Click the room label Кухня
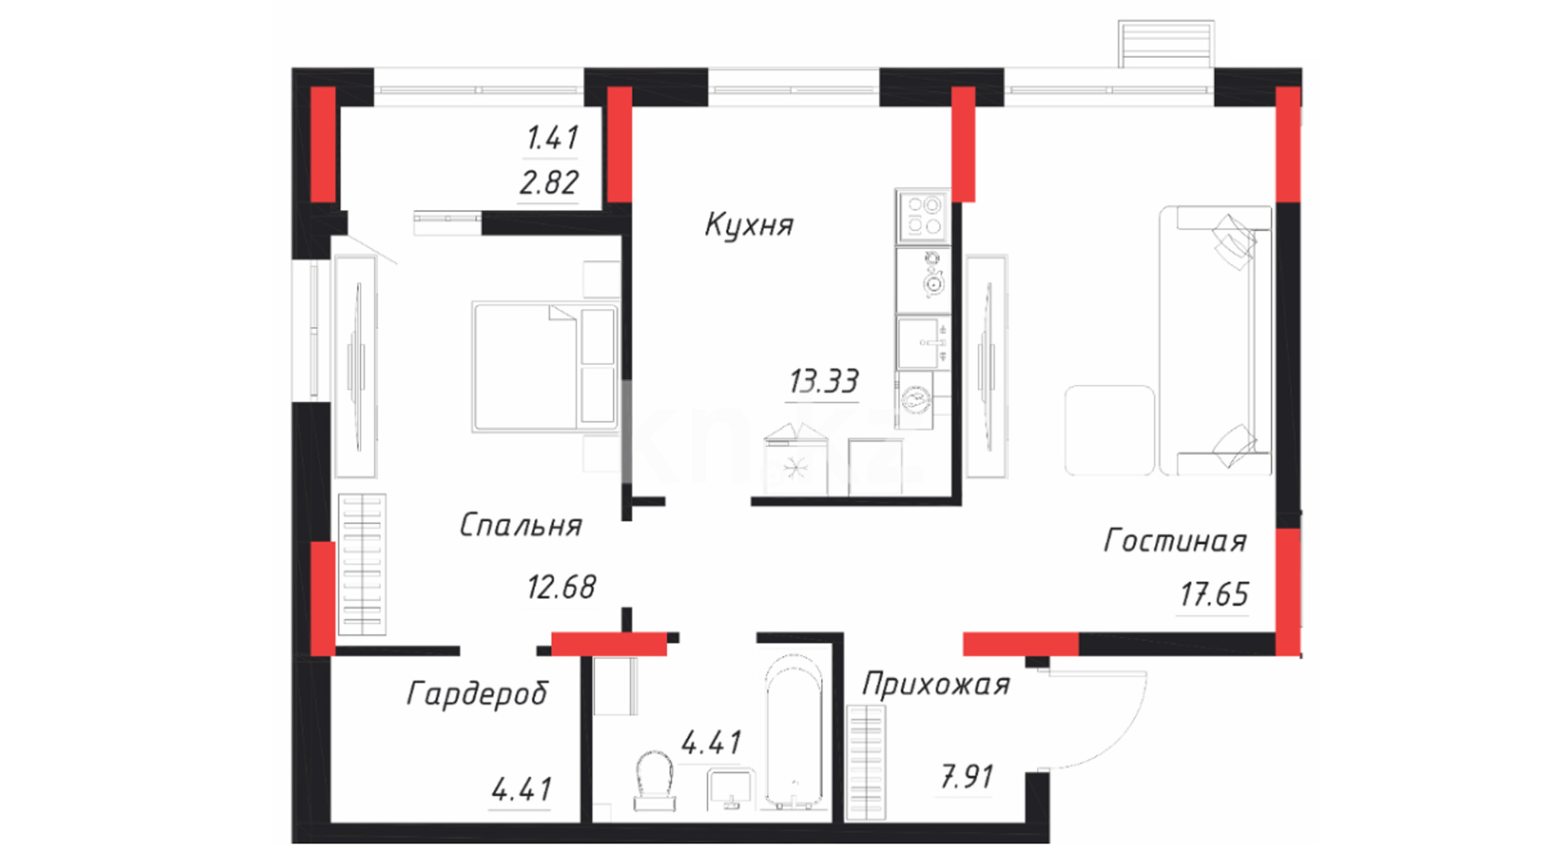[749, 225]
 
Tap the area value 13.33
[823, 381]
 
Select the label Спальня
[520, 525]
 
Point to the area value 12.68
[561, 587]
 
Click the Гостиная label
[1175, 541]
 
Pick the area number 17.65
[1214, 595]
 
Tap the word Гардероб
[477, 694]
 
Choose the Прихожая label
[936, 685]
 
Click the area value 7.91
[966, 777]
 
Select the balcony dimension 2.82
[549, 183]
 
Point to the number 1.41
[552, 138]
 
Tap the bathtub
[793, 732]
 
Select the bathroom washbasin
[730, 789]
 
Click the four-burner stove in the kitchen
[923, 216]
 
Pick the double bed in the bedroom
[545, 367]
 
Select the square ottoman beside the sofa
[1109, 430]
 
